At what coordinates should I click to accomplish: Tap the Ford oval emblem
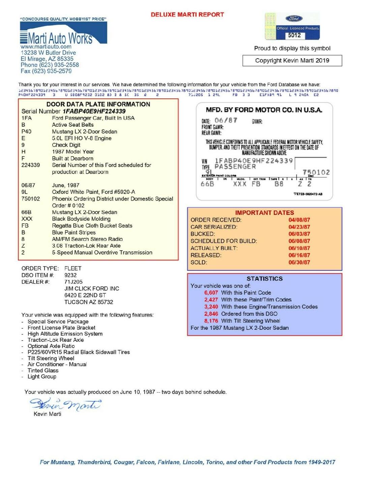click(294, 19)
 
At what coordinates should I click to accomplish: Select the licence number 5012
click(294, 35)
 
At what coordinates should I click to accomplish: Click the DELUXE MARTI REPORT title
click(187, 14)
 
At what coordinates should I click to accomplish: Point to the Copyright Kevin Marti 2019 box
click(292, 61)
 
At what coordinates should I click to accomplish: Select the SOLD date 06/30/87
click(299, 262)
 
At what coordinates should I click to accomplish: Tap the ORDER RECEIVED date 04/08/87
click(299, 220)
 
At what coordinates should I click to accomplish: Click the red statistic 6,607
click(211, 293)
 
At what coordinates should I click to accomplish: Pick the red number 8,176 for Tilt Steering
click(211, 321)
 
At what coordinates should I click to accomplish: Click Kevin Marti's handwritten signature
click(65, 403)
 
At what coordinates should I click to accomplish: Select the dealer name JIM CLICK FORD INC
click(92, 289)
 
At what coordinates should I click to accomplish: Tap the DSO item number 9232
click(70, 275)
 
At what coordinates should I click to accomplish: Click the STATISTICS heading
click(264, 279)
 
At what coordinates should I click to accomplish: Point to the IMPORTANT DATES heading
click(264, 213)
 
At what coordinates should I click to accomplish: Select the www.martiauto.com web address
click(46, 47)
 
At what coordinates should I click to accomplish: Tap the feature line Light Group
click(42, 377)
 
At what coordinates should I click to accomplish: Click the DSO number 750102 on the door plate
click(316, 172)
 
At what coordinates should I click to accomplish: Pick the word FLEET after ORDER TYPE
click(73, 268)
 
